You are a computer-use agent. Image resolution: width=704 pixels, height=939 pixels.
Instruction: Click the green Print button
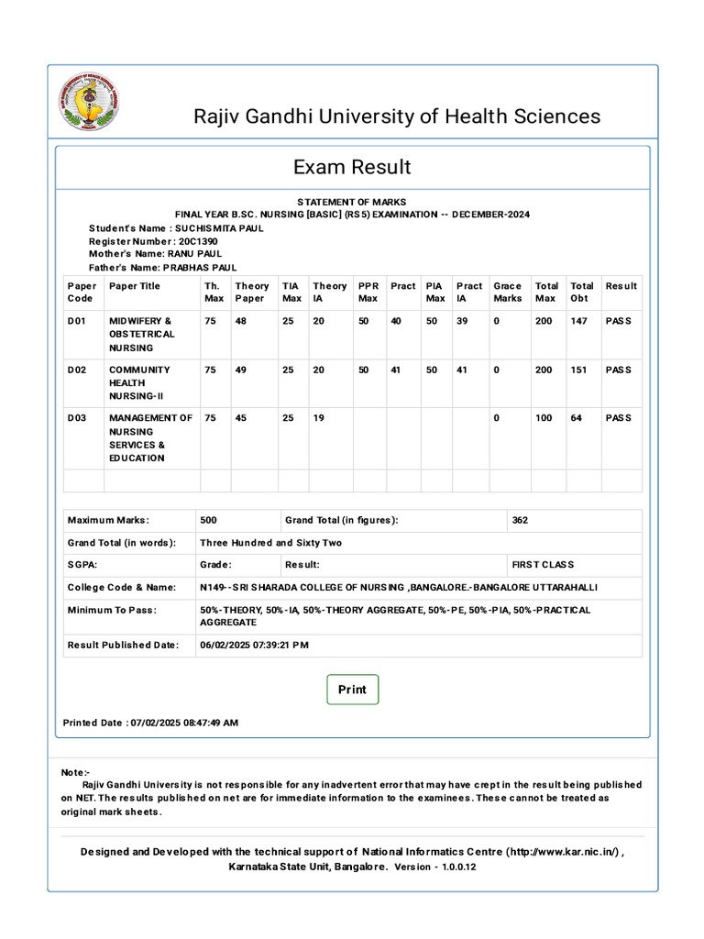[352, 690]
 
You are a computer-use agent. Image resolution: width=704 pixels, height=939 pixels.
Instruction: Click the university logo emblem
[89, 102]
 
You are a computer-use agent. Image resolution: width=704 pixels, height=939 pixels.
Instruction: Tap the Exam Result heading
[352, 167]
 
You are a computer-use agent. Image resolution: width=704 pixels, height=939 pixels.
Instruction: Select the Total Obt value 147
[578, 322]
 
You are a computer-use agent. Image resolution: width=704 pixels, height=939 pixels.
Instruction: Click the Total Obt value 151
[578, 370]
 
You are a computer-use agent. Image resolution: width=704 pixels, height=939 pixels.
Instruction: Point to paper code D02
[77, 370]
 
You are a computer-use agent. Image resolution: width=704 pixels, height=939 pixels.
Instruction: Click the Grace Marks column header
[507, 292]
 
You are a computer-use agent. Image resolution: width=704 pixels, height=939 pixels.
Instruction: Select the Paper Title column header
[134, 286]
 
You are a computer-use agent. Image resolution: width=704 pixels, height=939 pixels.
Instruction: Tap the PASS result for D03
[618, 418]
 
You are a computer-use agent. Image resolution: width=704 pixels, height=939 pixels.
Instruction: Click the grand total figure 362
[520, 520]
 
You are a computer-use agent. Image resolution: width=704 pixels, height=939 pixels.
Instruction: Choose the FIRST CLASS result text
[543, 565]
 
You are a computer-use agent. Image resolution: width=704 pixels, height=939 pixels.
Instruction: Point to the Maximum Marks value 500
[208, 520]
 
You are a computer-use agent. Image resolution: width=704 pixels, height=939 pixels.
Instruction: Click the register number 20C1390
[200, 241]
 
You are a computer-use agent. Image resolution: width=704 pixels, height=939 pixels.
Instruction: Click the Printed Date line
[150, 723]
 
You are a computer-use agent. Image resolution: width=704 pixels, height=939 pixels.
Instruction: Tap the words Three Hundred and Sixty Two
[270, 543]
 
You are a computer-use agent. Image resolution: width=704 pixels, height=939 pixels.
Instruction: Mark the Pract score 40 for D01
[396, 322]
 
